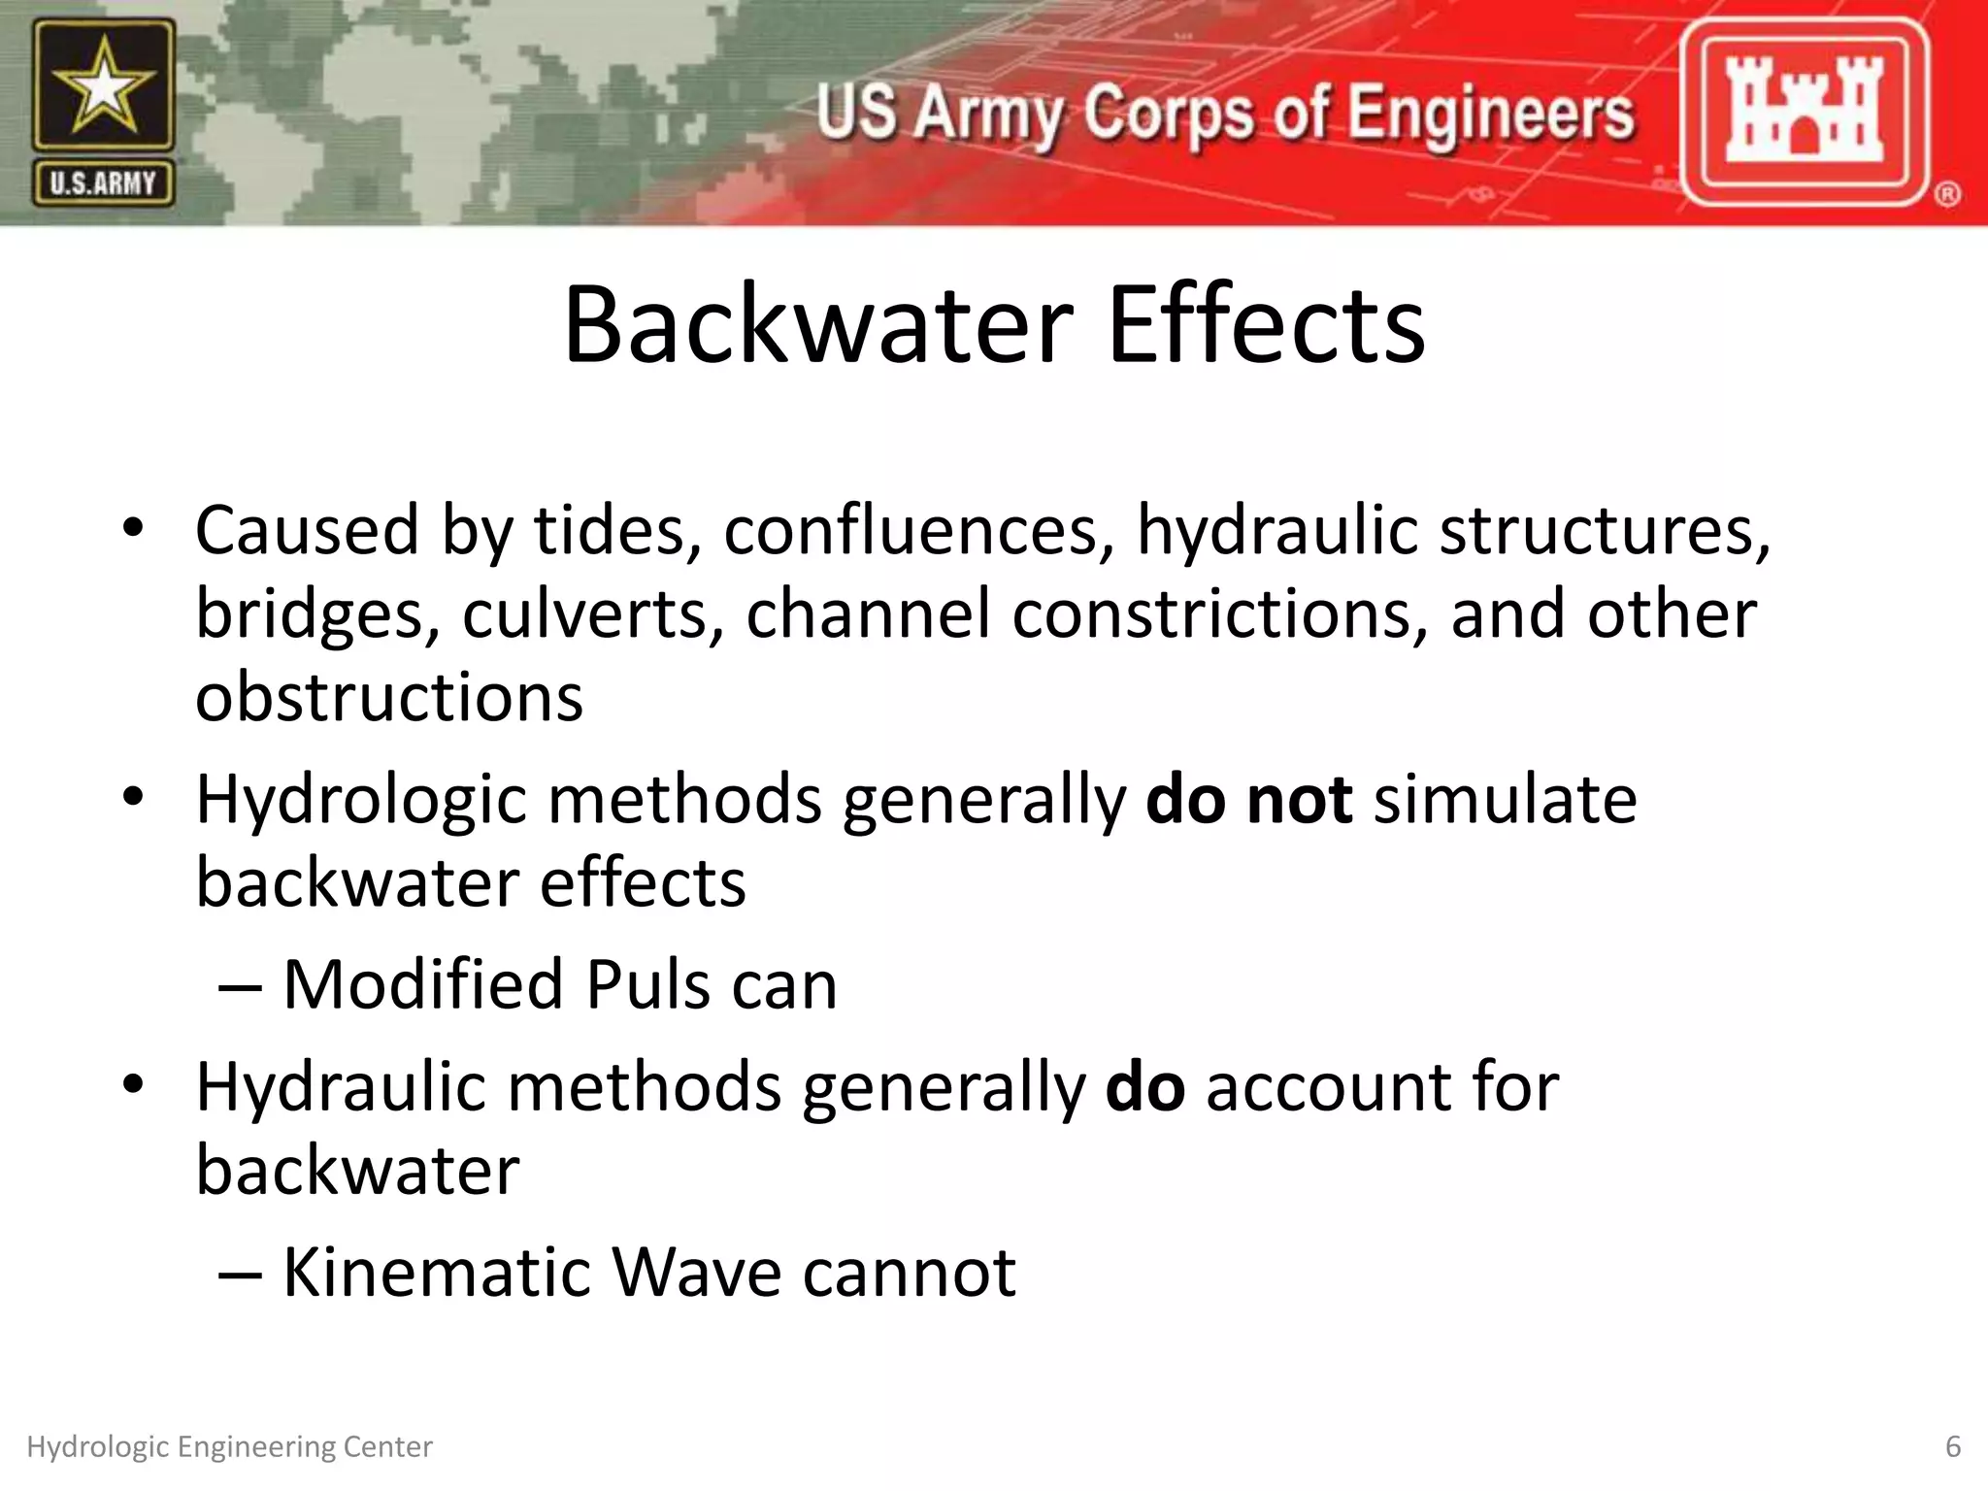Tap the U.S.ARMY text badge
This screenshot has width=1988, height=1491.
pyautogui.click(x=103, y=183)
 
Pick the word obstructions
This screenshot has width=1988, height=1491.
pyautogui.click(x=389, y=698)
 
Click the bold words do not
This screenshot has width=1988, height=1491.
pyautogui.click(x=1248, y=800)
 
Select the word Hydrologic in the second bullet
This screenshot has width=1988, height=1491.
pyautogui.click(x=361, y=802)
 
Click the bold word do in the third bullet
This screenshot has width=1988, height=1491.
pyautogui.click(x=1144, y=1087)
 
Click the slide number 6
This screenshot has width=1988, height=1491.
pyautogui.click(x=1953, y=1447)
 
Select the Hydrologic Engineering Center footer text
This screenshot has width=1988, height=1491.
pyautogui.click(x=229, y=1447)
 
